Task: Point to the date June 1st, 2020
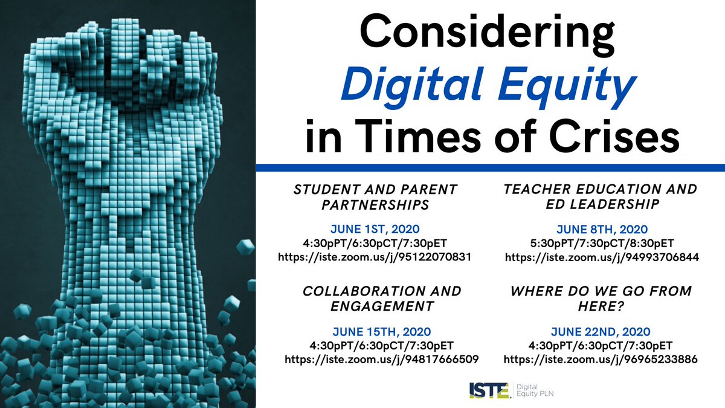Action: pos(375,230)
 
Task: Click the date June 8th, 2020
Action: pos(601,230)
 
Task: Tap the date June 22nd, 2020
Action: pos(601,332)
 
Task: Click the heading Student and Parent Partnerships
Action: pos(375,197)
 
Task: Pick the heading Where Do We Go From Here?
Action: pos(601,299)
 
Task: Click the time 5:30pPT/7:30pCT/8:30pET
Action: pos(601,244)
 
